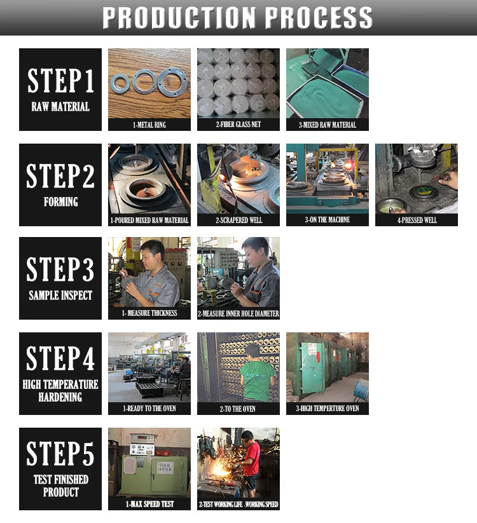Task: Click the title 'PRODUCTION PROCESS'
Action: point(237,17)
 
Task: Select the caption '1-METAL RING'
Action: point(149,125)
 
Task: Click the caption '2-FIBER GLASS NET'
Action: point(238,125)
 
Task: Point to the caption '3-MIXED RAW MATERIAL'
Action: point(327,125)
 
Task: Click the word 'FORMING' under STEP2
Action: point(60,202)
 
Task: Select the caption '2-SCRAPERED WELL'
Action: point(238,221)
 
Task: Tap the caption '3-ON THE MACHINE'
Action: point(327,220)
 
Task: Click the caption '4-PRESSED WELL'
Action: point(417,221)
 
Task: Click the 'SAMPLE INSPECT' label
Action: point(60,295)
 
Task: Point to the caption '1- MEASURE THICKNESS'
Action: point(149,313)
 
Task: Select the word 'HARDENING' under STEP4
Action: point(60,397)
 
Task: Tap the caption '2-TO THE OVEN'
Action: point(238,409)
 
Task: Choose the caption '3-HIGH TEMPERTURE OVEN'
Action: point(328,409)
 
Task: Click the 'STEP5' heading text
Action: point(60,453)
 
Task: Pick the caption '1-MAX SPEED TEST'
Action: point(149,505)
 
